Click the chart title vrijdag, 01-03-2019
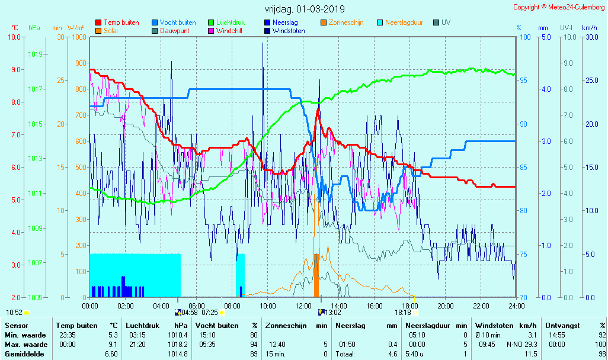point(305,9)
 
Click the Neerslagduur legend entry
point(404,22)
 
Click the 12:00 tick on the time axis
point(303,306)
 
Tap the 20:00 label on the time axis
point(446,306)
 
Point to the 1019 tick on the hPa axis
point(35,54)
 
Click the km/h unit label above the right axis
point(589,28)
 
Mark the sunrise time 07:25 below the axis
point(210,312)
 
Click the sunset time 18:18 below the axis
point(402,312)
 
